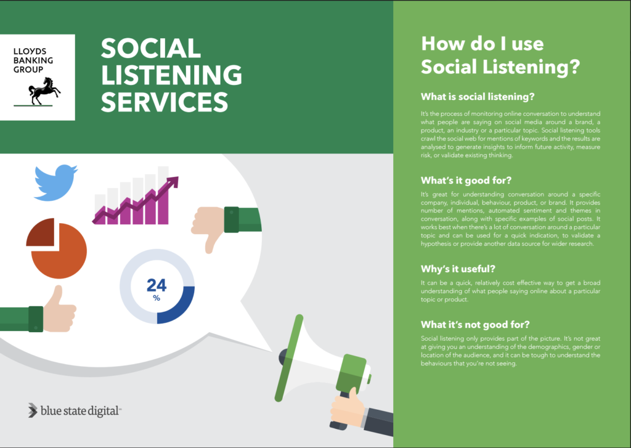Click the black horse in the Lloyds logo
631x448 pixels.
coord(44,91)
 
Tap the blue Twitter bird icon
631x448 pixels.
coord(55,182)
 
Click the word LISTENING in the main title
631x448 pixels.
coord(171,75)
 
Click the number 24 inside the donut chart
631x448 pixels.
coord(157,285)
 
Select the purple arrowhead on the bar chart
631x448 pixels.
coord(173,182)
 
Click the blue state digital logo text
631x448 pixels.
coord(80,411)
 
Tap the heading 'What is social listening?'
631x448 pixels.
coord(478,97)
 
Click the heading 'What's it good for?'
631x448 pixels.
coord(466,181)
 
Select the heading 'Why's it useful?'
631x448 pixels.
coord(458,269)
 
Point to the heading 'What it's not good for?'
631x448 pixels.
coord(475,324)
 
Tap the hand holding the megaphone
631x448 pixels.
coord(348,407)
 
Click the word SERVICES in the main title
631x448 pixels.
coord(165,102)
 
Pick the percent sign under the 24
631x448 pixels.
coord(157,298)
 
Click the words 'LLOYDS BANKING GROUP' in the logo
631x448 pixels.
coord(33,60)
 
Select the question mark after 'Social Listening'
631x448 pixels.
coord(574,67)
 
